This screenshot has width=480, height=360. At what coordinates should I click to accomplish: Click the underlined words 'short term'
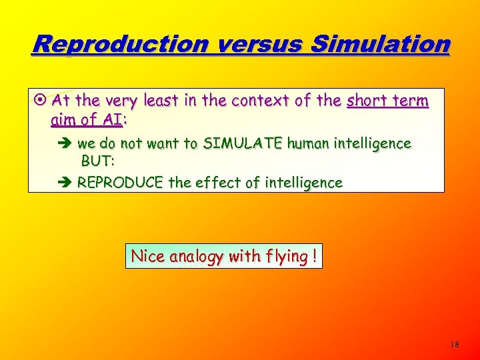pyautogui.click(x=387, y=102)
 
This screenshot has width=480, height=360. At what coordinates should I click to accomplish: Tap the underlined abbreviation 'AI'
pyautogui.click(x=113, y=121)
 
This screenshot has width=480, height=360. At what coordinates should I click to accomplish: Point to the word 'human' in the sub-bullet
pyautogui.click(x=320, y=143)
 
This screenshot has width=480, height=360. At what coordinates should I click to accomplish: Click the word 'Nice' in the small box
pyautogui.click(x=148, y=257)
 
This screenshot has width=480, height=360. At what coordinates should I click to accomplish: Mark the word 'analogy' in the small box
pyautogui.click(x=197, y=257)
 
